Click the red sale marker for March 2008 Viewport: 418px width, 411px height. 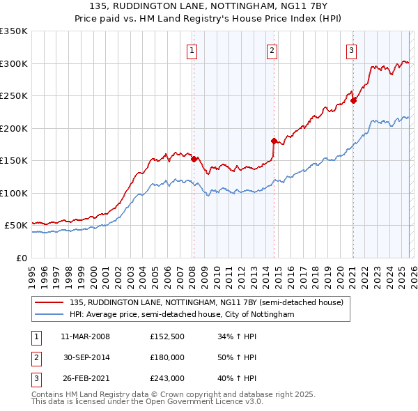click(194, 159)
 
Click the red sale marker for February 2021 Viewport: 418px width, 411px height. click(353, 100)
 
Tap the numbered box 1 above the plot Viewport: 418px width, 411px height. click(192, 49)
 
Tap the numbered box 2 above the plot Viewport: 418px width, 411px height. click(272, 49)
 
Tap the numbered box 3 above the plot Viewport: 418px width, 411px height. click(351, 49)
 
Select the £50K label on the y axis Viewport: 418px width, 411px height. click(16, 226)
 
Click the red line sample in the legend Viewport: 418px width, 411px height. click(50, 303)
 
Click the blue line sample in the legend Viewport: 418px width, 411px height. click(50, 315)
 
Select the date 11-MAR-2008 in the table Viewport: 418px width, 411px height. click(85, 337)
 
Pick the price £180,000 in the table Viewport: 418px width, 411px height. click(167, 357)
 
